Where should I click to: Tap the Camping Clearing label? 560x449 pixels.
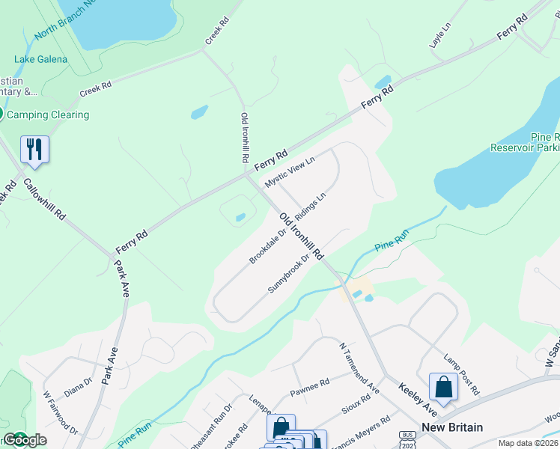[x=49, y=114]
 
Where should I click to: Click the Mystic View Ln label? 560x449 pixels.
[x=290, y=172]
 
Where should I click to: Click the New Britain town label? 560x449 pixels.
[x=452, y=427]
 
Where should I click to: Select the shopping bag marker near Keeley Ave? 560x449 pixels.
[x=443, y=387]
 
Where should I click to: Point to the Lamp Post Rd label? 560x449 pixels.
[x=461, y=374]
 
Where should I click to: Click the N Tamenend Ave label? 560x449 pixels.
[x=359, y=368]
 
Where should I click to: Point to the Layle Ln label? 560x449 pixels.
[x=441, y=36]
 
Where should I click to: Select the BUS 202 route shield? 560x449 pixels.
[x=408, y=437]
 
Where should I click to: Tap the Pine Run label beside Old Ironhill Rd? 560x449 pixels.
[x=392, y=239]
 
